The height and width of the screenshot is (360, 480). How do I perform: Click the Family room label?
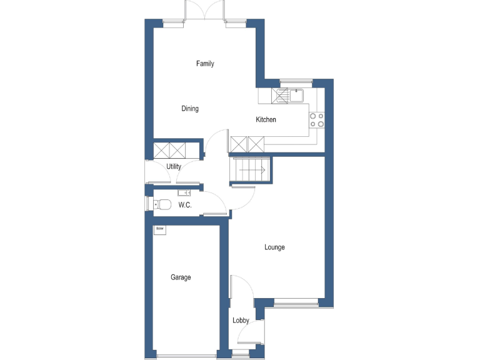205,64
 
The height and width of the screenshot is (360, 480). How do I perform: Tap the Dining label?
190,109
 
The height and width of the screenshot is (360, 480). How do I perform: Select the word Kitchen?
266,120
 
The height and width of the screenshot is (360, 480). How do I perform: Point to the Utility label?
174,167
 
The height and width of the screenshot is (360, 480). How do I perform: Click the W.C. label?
185,205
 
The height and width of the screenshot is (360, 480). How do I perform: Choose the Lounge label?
274,247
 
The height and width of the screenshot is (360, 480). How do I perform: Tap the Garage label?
181,277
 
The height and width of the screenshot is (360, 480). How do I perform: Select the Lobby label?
241,321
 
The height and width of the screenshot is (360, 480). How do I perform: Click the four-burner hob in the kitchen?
317,119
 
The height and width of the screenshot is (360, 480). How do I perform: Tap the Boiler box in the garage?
160,230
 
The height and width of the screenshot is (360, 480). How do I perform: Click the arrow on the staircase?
262,169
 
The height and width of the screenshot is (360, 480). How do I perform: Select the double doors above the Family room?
205,11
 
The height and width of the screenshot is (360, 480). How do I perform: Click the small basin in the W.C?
184,192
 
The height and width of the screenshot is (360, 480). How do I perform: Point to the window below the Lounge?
296,304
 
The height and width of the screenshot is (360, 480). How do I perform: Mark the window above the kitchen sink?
296,81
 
